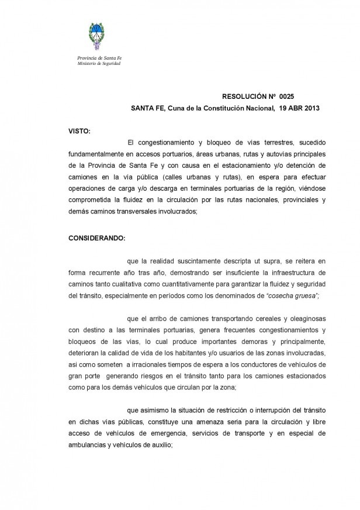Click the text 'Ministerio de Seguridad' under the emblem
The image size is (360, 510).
(99, 63)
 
